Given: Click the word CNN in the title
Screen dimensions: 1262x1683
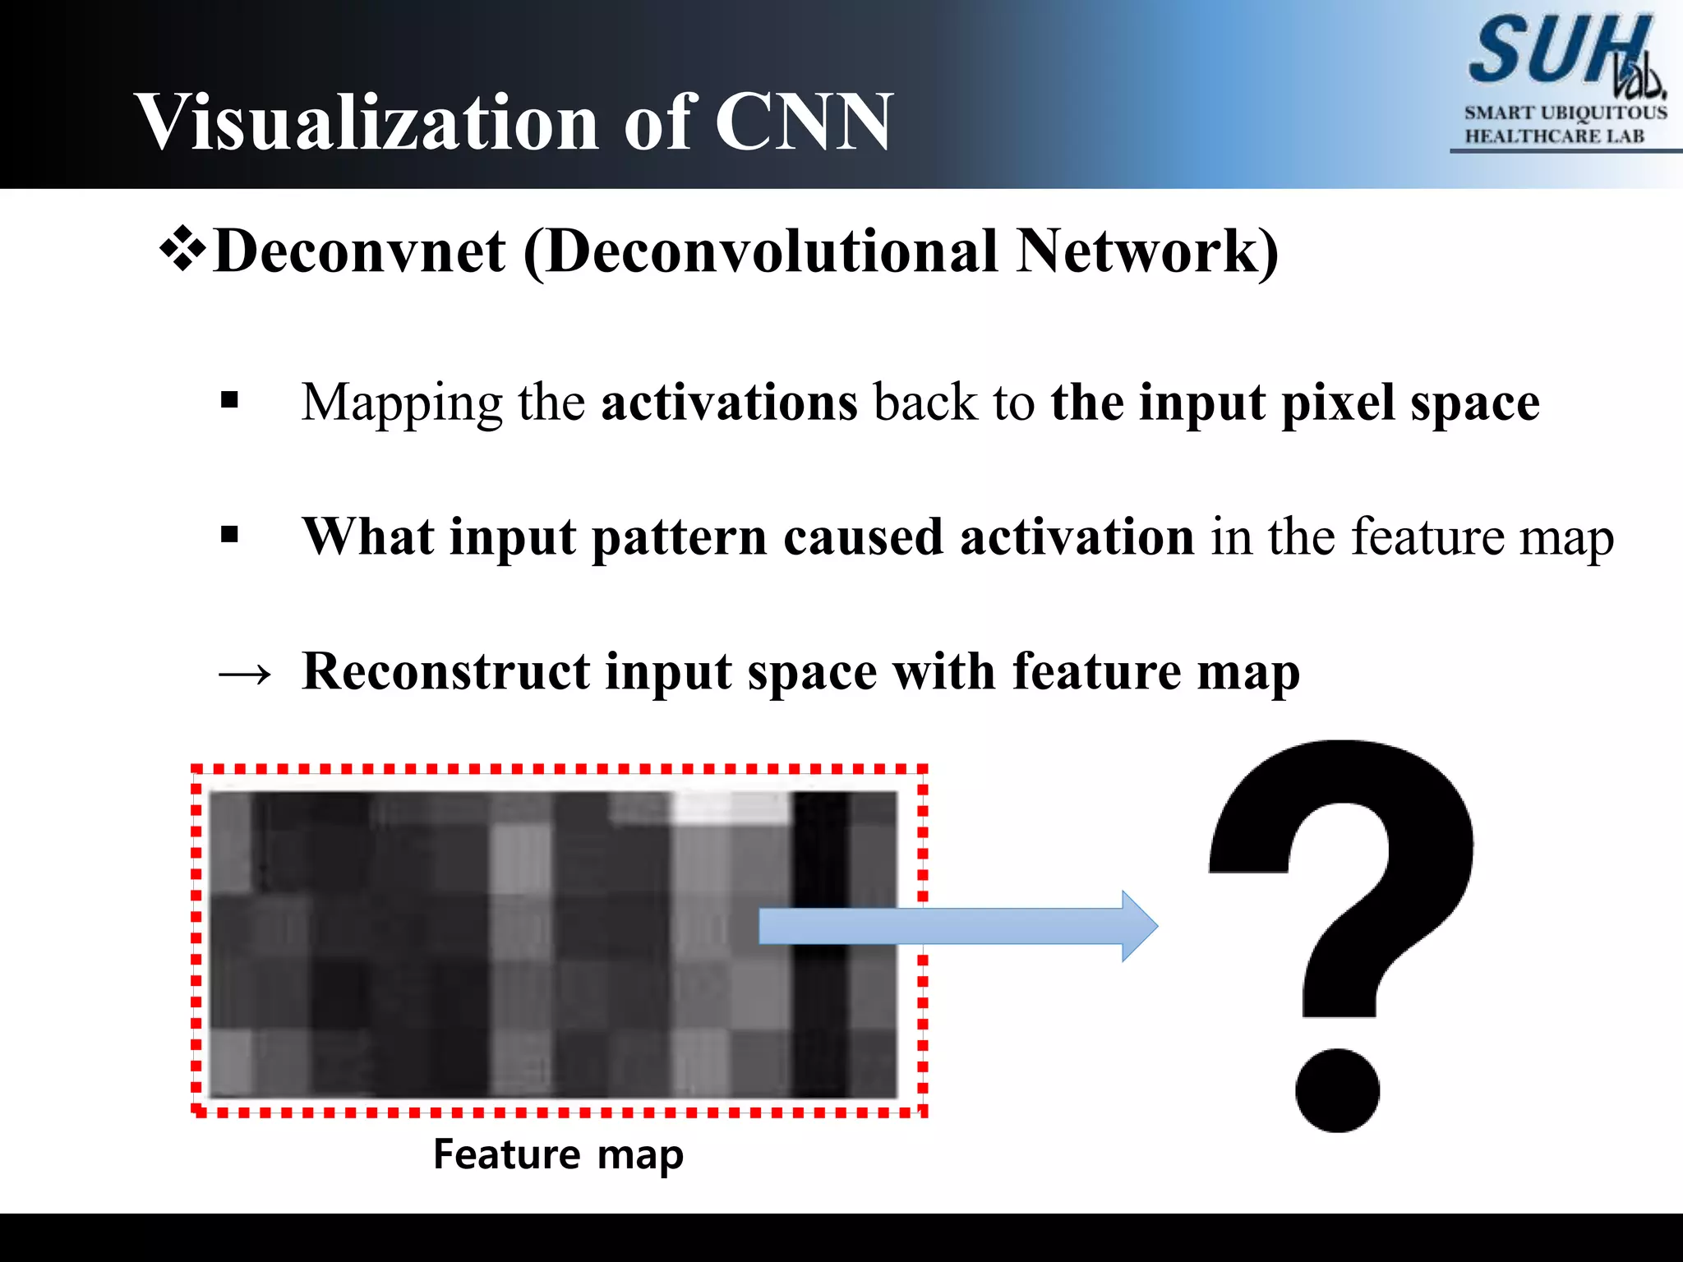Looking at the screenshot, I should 803,122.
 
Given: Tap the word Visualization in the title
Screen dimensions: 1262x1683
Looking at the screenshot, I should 367,122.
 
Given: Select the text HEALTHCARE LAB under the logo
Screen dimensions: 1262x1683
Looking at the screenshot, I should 1555,136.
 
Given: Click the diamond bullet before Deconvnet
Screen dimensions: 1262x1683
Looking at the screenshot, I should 182,251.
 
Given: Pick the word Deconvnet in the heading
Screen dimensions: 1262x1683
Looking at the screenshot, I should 359,251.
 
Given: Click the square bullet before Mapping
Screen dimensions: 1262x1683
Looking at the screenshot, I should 229,401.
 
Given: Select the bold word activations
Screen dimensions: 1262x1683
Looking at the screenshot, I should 729,403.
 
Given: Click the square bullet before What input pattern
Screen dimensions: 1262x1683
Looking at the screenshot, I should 229,536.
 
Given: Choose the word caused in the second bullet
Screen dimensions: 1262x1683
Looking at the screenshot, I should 863,537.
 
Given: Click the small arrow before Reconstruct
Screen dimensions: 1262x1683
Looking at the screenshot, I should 245,674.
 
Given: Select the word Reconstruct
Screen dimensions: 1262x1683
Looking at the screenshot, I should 445,671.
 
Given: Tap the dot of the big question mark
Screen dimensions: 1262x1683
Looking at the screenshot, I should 1337,1089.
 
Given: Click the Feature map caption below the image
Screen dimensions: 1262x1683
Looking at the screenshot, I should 558,1155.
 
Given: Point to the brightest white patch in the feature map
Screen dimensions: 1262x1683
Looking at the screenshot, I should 730,807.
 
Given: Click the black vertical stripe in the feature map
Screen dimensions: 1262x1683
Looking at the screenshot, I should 820,945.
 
